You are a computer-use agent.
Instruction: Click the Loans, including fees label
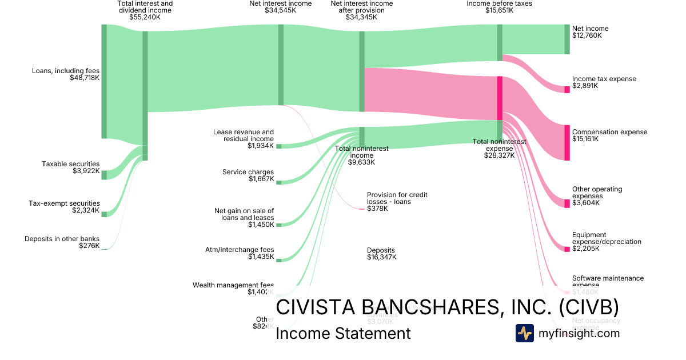tap(66, 71)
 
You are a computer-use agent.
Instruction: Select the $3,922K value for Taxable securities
tap(87, 171)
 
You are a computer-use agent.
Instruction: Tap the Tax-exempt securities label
tap(64, 203)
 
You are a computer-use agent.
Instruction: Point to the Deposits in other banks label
tap(62, 239)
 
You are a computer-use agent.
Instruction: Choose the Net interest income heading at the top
tap(281, 3)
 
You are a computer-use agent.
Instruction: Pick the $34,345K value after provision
tap(361, 17)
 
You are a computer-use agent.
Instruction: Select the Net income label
tap(590, 29)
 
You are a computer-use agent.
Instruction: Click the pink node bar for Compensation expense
tap(567, 142)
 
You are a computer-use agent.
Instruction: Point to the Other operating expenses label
tap(597, 193)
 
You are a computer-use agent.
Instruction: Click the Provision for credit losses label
tap(397, 198)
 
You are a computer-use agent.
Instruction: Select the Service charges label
tap(248, 172)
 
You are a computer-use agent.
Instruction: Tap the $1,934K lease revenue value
tap(261, 146)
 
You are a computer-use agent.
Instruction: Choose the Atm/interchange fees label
tap(240, 250)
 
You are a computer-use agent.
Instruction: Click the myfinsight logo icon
tap(524, 333)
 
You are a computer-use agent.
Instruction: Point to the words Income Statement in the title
tap(343, 333)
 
